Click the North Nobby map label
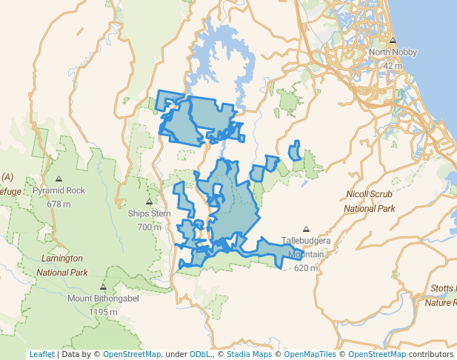click(393, 53)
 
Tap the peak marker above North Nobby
click(393, 41)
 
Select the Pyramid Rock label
click(59, 190)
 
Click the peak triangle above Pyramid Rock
click(59, 179)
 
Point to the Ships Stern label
click(149, 213)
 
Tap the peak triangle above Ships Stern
click(149, 201)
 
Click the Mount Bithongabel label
click(103, 299)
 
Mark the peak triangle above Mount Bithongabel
click(103, 287)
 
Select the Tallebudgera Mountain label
click(306, 247)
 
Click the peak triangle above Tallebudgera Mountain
click(306, 230)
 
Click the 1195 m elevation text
click(103, 312)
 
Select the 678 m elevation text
click(59, 204)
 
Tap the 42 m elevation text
click(393, 66)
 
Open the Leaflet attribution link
click(41, 354)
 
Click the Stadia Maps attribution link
click(249, 354)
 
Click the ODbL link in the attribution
click(201, 354)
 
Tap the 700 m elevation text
click(149, 227)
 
